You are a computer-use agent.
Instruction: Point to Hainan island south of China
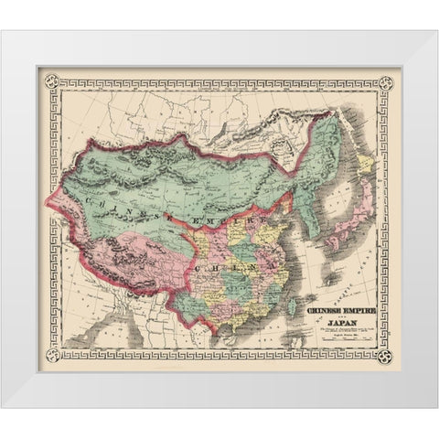coord(241,331)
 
